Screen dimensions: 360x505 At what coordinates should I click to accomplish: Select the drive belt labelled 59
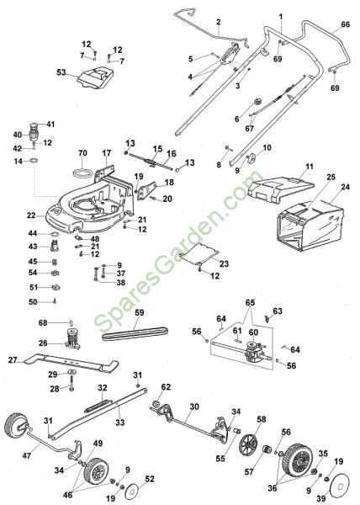point(135,333)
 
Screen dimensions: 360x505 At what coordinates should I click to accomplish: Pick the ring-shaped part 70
point(82,172)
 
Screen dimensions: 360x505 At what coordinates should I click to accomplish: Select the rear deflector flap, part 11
point(280,189)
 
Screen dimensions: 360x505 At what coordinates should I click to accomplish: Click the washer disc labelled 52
point(133,490)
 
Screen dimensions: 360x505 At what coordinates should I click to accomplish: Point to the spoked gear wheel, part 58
point(249,444)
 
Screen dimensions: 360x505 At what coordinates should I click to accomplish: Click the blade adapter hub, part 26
point(72,339)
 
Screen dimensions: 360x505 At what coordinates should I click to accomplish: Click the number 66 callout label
point(345,24)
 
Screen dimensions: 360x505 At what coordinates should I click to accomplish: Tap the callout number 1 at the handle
point(281,17)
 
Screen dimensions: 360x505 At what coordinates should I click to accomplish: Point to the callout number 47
point(27,455)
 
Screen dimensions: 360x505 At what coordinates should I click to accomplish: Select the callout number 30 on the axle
point(194,407)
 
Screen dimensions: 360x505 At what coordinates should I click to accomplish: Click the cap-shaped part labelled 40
point(33,133)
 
